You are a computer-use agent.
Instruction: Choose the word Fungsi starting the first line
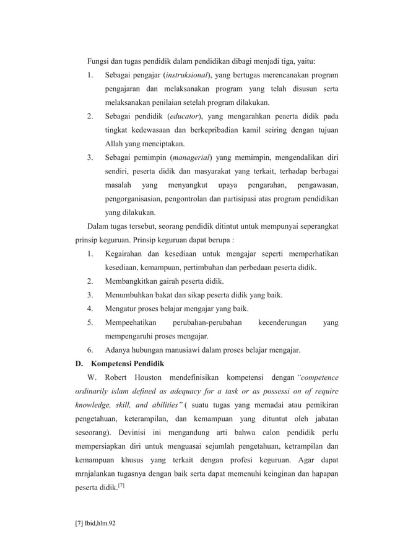pos(98,62)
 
